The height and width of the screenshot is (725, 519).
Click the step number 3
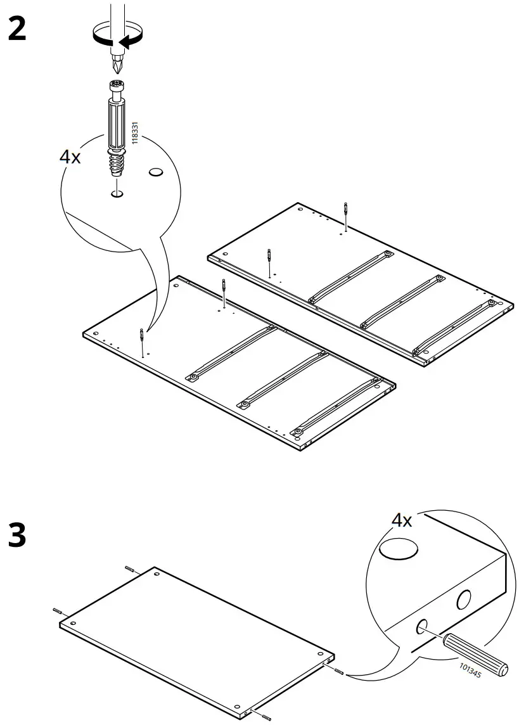17,536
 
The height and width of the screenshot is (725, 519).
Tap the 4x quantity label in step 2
70,157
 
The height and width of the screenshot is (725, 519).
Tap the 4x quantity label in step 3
401,520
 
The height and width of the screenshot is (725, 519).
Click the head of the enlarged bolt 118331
115,88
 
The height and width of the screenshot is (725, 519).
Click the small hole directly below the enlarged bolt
116,193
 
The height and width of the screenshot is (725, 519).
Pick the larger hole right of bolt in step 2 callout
156,172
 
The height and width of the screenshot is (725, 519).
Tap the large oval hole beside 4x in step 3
399,549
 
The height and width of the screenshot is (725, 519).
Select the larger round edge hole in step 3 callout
465,599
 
